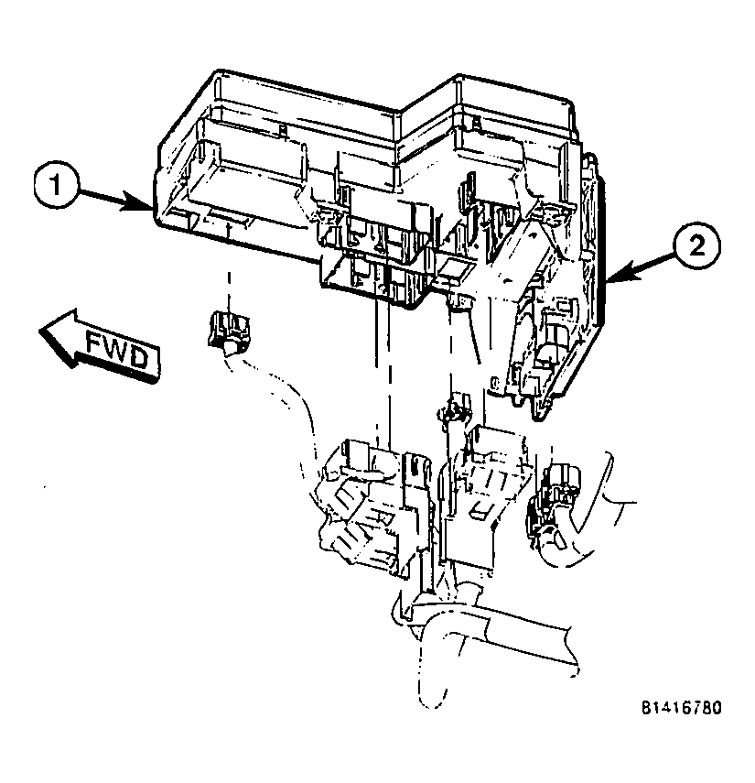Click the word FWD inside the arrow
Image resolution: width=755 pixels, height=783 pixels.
point(115,351)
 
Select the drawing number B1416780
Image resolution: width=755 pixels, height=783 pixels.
point(681,708)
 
